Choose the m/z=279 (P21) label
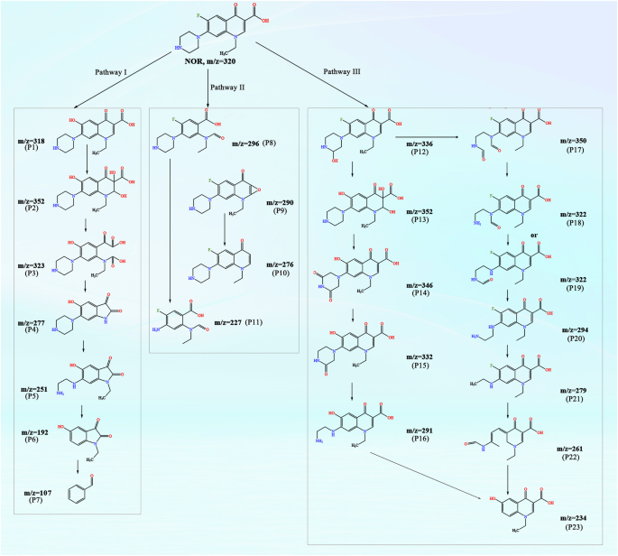coord(577,394)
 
